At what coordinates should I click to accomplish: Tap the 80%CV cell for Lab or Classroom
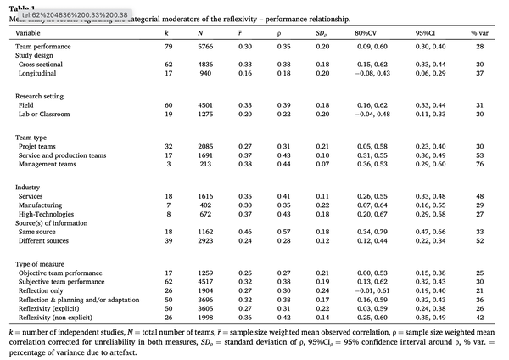366,113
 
